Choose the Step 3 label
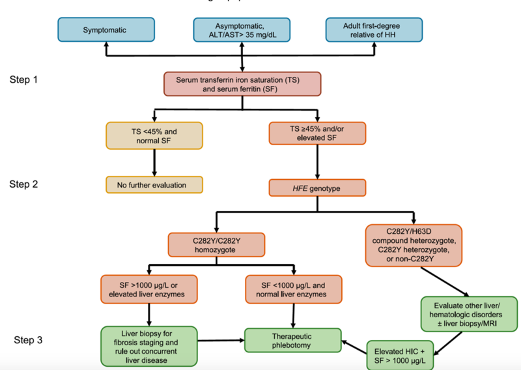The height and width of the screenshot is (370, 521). point(30,340)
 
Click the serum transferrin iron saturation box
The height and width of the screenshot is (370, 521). point(242,84)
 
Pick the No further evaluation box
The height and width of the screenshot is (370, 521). point(154,185)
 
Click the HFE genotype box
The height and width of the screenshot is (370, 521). point(317,188)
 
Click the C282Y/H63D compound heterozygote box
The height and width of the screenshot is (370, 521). point(414,245)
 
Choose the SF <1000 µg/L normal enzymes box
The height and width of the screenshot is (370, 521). point(293,289)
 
